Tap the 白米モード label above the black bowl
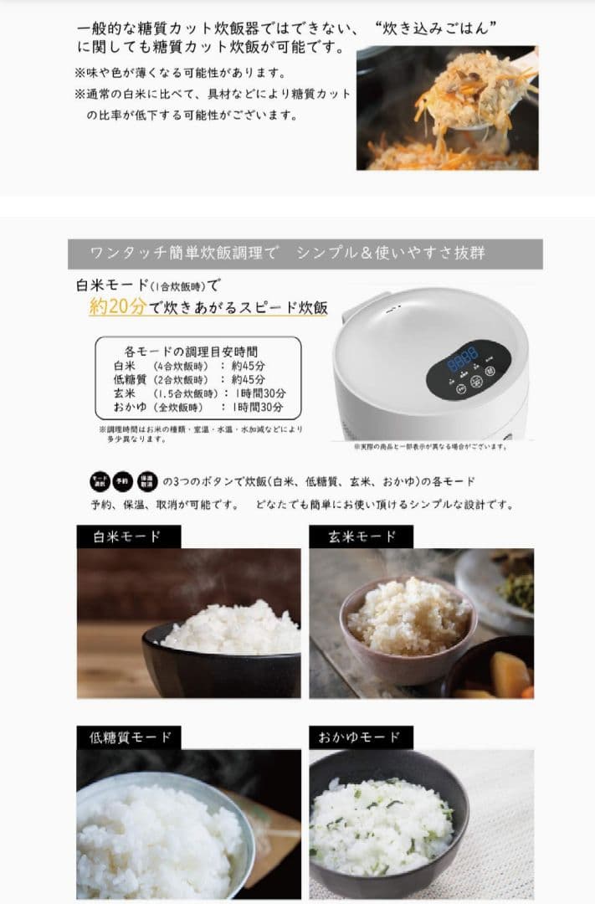coord(126,536)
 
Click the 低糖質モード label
coord(130,737)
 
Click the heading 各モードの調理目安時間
coord(191,352)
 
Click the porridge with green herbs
coord(381,824)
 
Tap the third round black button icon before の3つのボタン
coord(147,481)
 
